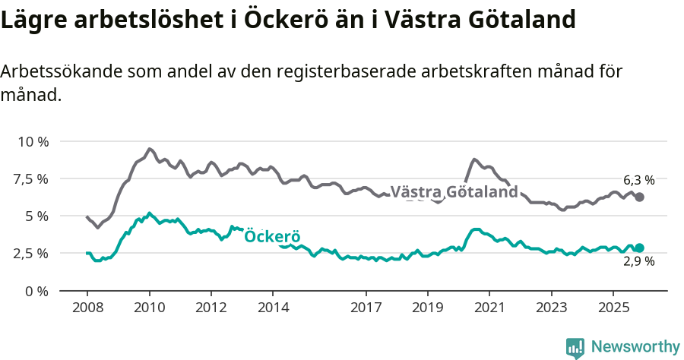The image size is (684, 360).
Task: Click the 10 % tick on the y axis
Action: pos(33,142)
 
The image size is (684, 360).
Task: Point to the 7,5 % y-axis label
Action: pos(33,179)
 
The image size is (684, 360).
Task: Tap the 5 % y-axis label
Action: pos(37,216)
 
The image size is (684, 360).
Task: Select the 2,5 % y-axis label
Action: pos(33,254)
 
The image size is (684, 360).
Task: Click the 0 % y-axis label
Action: pos(37,291)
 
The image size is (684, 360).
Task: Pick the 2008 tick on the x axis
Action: pos(87,308)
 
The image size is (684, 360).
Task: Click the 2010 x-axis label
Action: pos(149,308)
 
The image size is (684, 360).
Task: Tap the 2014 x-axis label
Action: pos(273,308)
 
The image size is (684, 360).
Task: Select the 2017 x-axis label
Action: pos(366,308)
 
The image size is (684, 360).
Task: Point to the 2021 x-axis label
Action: pos(489,308)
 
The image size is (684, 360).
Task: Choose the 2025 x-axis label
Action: pos(613,308)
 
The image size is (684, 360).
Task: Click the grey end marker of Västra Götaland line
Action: pos(640,197)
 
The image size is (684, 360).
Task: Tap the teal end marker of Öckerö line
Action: pos(640,248)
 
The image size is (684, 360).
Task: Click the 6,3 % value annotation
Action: pos(638,181)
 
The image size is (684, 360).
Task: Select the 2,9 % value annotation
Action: pos(638,262)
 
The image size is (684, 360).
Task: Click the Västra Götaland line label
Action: pos(454,192)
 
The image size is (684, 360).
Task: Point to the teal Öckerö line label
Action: pos(273,237)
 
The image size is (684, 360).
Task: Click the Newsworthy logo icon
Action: pos(575,348)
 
